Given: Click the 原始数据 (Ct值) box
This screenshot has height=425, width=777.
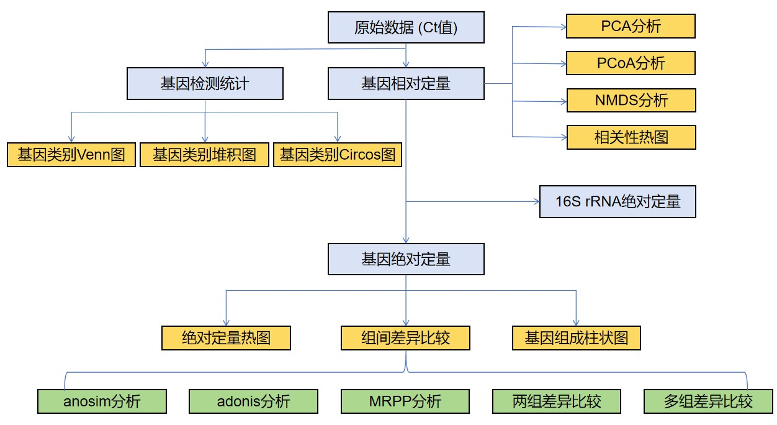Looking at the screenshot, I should (x=406, y=28).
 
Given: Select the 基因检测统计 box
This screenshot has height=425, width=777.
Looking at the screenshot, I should (x=205, y=84).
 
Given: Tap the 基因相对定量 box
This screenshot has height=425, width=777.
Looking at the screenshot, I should (x=406, y=84).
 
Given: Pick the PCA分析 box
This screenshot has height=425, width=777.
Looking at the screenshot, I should (x=631, y=26).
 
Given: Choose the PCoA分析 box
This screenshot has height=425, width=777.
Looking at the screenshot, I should (x=631, y=63).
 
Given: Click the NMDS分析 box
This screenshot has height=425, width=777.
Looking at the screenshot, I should (x=631, y=100).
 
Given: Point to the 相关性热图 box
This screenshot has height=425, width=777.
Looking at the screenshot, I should (x=631, y=137).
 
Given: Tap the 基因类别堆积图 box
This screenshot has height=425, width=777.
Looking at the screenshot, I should (x=204, y=155).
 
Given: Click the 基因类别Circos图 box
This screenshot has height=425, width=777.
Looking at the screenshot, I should (x=338, y=155).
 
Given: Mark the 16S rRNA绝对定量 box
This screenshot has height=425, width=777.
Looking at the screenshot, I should (x=618, y=202).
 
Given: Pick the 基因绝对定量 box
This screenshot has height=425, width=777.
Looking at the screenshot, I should (x=406, y=259).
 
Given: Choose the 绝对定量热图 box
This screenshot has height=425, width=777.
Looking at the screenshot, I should (x=226, y=338).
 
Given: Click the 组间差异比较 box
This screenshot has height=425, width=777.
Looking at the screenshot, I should (x=406, y=338).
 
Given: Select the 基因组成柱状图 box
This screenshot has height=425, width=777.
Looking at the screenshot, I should (x=576, y=338).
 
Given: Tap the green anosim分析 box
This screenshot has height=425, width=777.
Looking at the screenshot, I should (x=102, y=401).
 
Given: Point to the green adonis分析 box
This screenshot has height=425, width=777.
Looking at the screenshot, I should (x=253, y=401).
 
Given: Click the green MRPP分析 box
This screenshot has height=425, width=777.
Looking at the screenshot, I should (x=405, y=401).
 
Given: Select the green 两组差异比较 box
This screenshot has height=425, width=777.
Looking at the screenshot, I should (x=557, y=401).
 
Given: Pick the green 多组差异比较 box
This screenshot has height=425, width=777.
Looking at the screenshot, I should (x=708, y=401).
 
